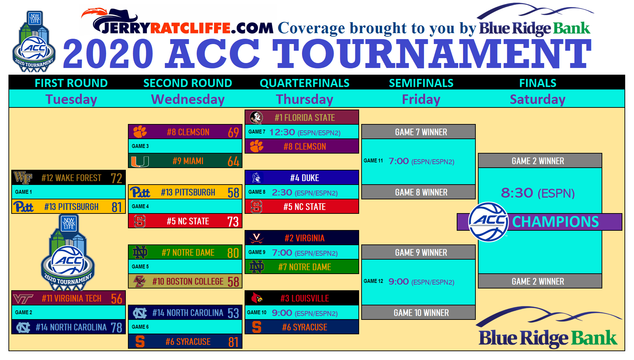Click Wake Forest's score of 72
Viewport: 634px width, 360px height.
(x=116, y=178)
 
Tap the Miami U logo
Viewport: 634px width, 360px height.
(x=140, y=161)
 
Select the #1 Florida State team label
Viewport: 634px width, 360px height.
(x=304, y=118)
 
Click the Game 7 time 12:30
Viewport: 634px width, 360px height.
(x=282, y=132)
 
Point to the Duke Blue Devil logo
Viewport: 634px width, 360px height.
(x=257, y=178)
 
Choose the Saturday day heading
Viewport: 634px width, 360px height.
(x=537, y=99)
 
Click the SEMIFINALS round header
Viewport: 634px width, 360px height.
(x=421, y=83)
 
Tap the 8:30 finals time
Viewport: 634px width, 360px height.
(x=517, y=193)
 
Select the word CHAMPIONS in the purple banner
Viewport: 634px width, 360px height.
(x=555, y=222)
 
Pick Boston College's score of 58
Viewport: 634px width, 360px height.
(x=233, y=282)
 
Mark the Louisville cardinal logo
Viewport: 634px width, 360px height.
(x=257, y=298)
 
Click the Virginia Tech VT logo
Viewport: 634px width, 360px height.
(x=23, y=299)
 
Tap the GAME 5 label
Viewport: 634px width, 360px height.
(x=140, y=267)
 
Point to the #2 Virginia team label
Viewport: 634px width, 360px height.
(x=304, y=238)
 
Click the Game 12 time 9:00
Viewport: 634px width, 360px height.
(x=399, y=281)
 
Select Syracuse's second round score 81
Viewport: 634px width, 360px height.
(x=233, y=342)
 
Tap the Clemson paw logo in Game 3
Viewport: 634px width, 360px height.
(x=140, y=132)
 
